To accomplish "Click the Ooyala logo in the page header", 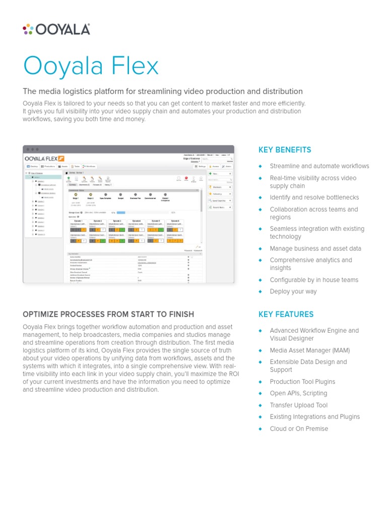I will (x=56, y=29).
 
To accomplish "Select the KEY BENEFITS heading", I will (x=285, y=150).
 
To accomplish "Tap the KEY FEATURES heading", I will (x=286, y=314).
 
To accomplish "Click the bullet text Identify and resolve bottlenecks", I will (x=314, y=197).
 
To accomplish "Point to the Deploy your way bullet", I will (x=293, y=291).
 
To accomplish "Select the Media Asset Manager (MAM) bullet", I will (x=309, y=350).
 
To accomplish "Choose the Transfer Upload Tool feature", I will (x=298, y=405).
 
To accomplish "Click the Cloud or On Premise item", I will (x=298, y=429).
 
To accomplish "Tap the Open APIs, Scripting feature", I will (x=298, y=393).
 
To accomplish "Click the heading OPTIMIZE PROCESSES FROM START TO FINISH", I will (x=108, y=314).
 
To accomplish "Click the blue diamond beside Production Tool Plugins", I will (x=261, y=382).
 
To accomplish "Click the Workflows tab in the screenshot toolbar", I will (x=88, y=166).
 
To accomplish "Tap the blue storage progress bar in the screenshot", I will (x=121, y=213).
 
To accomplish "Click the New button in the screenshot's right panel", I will (x=220, y=174).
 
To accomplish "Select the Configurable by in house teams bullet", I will (x=313, y=280).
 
